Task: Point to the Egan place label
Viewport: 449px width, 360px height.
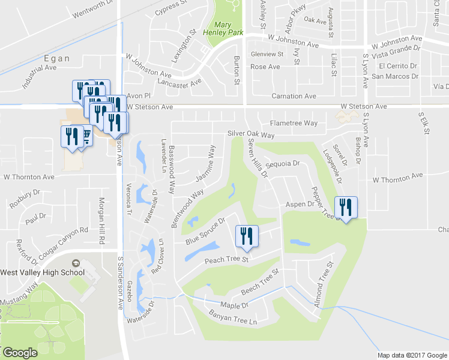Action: tap(56, 59)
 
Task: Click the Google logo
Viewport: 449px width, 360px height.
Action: tap(19, 353)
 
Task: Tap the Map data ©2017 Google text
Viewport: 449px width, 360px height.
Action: tap(412, 355)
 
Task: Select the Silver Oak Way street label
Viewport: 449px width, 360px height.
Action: tap(250, 135)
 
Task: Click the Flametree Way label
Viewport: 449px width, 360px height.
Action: tap(294, 123)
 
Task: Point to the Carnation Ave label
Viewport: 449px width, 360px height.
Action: tap(294, 96)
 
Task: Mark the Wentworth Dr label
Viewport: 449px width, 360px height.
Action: tap(92, 6)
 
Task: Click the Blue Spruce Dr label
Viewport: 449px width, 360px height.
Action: tap(205, 231)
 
